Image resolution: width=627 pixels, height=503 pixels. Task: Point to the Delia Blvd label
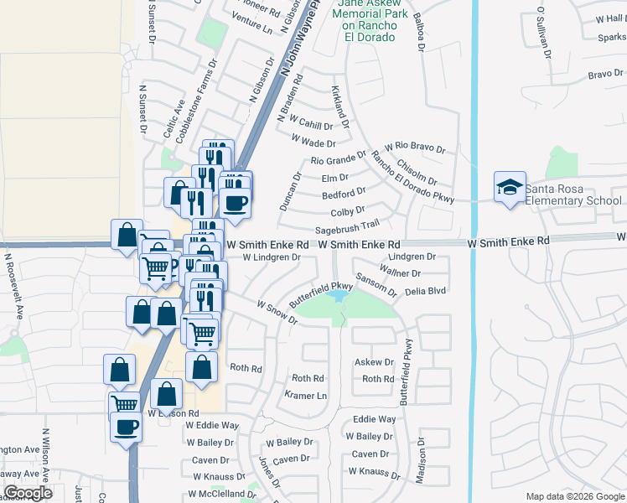(425, 291)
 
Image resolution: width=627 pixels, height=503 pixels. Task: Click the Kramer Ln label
(304, 394)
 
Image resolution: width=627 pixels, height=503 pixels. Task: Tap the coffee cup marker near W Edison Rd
(127, 426)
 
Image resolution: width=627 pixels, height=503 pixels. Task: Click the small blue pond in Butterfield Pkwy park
(339, 296)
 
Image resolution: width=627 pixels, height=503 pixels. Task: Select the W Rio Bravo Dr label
(414, 148)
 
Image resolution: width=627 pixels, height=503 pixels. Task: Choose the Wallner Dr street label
(400, 273)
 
